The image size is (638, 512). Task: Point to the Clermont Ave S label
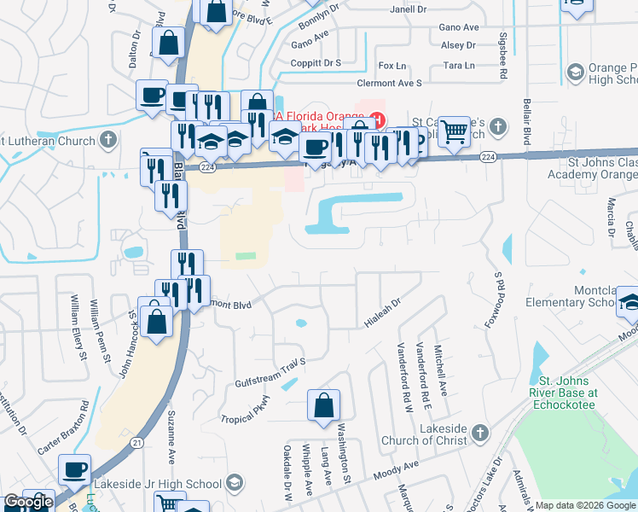(x=391, y=83)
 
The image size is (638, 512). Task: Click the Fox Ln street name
(x=392, y=66)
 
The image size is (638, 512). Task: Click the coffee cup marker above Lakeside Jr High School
(x=74, y=469)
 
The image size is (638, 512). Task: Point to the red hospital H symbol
(x=374, y=119)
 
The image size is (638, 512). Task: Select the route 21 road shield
(x=136, y=441)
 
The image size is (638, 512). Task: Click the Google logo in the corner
(x=28, y=502)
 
